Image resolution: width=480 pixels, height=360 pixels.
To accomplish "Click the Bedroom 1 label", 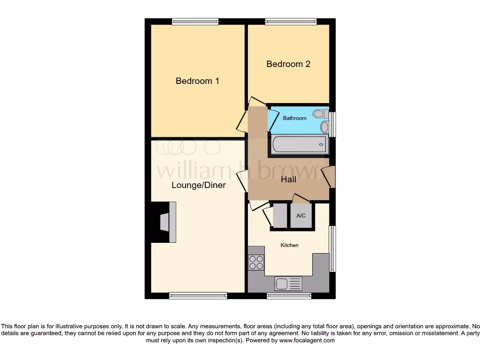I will click(197, 81).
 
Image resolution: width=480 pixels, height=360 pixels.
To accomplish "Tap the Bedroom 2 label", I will click(288, 64).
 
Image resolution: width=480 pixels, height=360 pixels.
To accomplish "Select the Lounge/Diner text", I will click(198, 185).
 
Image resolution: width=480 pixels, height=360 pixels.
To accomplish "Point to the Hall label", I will click(288, 179).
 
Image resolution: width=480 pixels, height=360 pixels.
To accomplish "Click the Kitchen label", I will click(289, 245).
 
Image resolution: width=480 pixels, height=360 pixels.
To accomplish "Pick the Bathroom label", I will click(294, 118).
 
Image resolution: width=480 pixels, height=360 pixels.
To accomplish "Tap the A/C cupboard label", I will click(301, 216).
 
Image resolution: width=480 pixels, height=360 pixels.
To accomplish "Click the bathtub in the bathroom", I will click(299, 144).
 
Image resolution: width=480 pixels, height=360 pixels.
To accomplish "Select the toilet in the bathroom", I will click(320, 113).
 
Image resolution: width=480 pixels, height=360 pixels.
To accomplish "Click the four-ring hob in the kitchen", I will click(256, 262).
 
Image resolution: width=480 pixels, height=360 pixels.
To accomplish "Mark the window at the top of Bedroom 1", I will click(195, 21).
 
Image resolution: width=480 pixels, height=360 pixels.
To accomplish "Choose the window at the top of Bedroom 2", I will click(291, 21).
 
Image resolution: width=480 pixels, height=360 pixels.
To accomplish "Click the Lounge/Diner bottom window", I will click(198, 296).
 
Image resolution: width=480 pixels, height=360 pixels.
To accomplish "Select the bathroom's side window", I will click(332, 124).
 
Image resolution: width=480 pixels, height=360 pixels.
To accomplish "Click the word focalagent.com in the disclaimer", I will click(307, 341).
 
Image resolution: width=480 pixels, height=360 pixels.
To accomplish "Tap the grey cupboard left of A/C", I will click(279, 216).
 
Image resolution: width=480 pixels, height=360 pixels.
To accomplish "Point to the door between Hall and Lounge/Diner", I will click(243, 181).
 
